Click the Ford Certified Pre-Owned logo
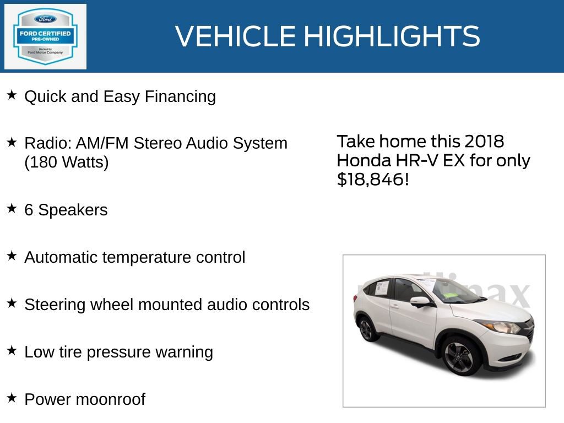(x=45, y=36)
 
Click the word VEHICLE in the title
(x=235, y=36)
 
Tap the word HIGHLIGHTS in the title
(x=392, y=36)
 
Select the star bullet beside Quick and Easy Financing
(x=12, y=95)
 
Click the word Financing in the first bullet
(x=180, y=97)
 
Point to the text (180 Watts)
(x=67, y=163)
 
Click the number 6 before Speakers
(x=29, y=210)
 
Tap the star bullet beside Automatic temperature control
(x=12, y=256)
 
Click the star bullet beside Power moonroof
(x=12, y=398)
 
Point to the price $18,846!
(x=373, y=180)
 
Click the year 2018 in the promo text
(x=484, y=142)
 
